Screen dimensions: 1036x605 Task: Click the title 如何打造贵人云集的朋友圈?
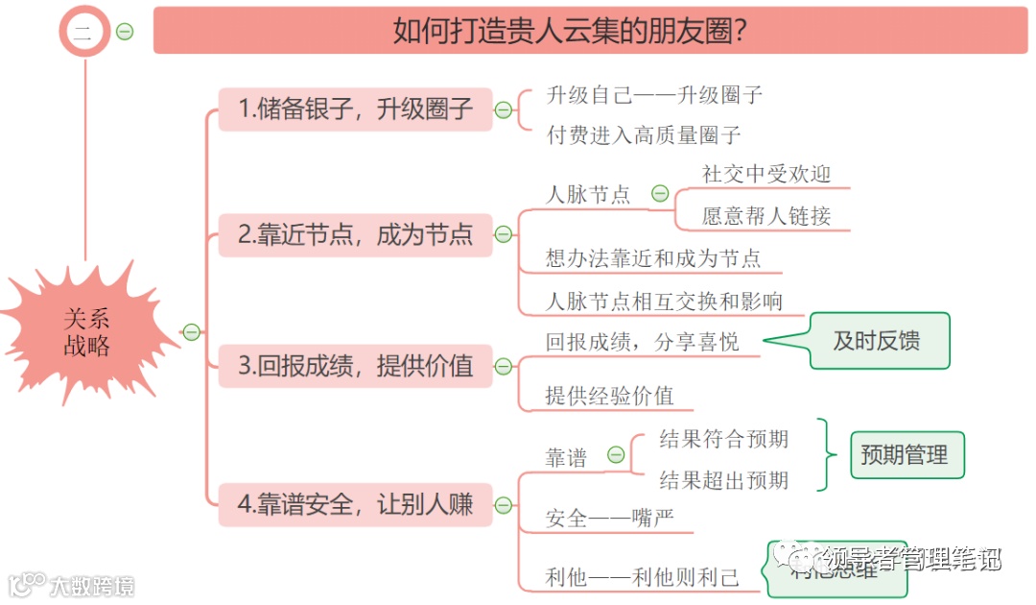point(570,31)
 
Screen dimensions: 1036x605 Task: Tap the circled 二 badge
point(84,32)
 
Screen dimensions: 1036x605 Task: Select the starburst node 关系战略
point(87,332)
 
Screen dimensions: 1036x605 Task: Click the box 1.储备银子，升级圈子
point(355,109)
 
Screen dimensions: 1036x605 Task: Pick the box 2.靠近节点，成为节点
point(355,234)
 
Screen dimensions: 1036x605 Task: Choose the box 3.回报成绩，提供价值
point(355,366)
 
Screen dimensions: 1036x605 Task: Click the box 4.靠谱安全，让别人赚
point(355,504)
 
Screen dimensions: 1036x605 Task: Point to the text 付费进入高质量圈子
point(643,135)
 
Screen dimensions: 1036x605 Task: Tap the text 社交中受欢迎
point(765,174)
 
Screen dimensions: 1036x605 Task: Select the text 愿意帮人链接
point(765,216)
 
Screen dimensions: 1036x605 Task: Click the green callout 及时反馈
point(877,341)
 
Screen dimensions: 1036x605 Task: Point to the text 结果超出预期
point(724,480)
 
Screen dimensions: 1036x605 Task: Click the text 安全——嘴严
point(609,520)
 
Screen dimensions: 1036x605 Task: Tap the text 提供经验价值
point(609,396)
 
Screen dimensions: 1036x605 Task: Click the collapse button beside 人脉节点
point(660,194)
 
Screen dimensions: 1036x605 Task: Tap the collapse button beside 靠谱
point(615,455)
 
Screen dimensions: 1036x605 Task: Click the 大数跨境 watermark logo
point(72,585)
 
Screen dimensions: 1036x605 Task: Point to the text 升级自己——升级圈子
point(654,95)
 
